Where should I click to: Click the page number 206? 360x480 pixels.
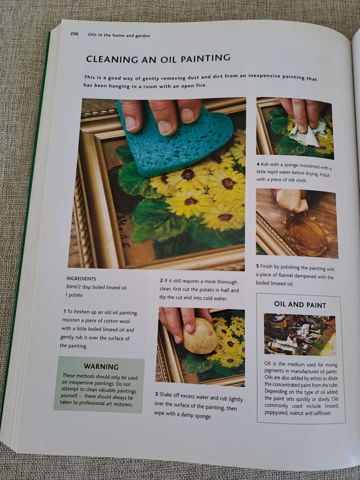tap(74, 34)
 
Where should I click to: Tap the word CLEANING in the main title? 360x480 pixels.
tap(112, 59)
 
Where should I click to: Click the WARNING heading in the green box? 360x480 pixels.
tap(101, 366)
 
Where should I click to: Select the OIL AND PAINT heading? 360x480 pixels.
tap(300, 305)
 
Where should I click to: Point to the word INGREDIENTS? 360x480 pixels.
tap(81, 279)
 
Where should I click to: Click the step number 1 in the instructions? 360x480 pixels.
tap(65, 311)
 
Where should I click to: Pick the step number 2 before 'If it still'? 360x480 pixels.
tap(161, 280)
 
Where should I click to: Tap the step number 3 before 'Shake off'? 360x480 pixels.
tap(156, 394)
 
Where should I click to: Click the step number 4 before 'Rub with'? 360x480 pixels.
tap(258, 164)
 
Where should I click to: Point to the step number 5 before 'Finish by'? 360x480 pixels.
tap(258, 266)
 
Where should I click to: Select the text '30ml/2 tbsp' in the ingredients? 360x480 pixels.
tap(78, 287)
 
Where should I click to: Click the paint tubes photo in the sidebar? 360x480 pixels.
tap(300, 334)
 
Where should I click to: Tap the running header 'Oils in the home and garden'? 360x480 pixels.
tap(119, 35)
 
